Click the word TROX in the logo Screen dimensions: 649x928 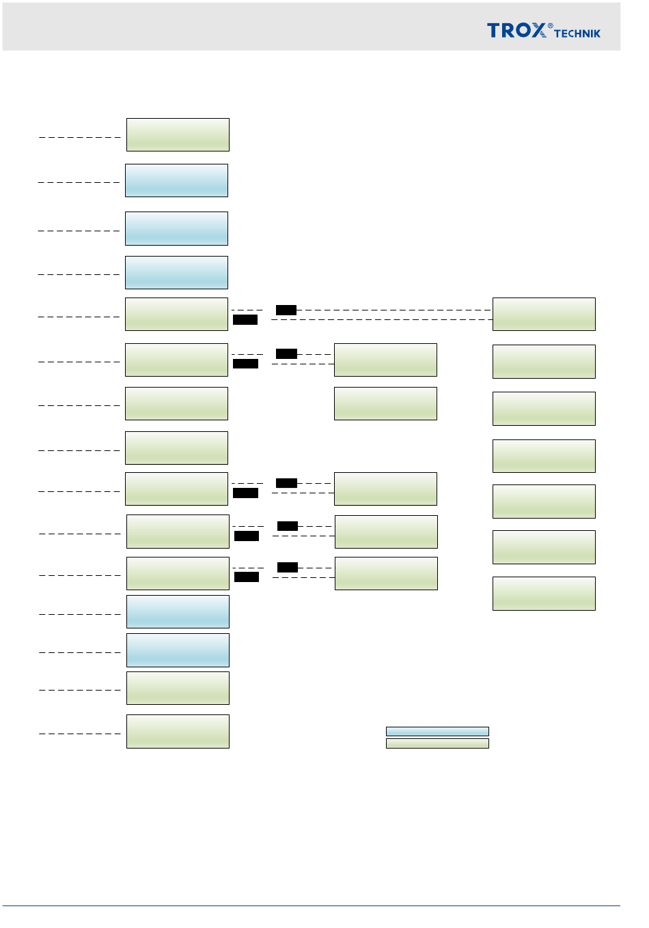pos(516,30)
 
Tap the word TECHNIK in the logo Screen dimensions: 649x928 pos(577,33)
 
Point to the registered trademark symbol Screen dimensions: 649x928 pos(551,26)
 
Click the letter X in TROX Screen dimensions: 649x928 pos(539,30)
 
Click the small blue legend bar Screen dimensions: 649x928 pos(437,731)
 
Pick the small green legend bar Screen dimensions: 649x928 pos(437,743)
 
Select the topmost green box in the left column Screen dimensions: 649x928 pos(178,134)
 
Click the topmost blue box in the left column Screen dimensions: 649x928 pos(176,180)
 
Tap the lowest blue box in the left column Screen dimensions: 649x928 pos(178,650)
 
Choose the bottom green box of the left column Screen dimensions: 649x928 pos(178,731)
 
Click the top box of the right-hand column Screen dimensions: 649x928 pos(544,314)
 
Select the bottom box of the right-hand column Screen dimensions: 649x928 pos(544,593)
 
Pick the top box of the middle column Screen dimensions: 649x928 pos(385,360)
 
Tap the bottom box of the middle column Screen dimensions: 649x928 pos(386,573)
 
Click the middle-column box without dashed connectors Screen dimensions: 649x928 pos(385,403)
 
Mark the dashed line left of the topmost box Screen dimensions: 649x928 pos(80,137)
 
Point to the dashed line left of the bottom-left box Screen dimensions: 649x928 pos(80,734)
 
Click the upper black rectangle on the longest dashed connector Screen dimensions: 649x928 pos(286,310)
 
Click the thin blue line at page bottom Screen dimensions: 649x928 pos(311,905)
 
